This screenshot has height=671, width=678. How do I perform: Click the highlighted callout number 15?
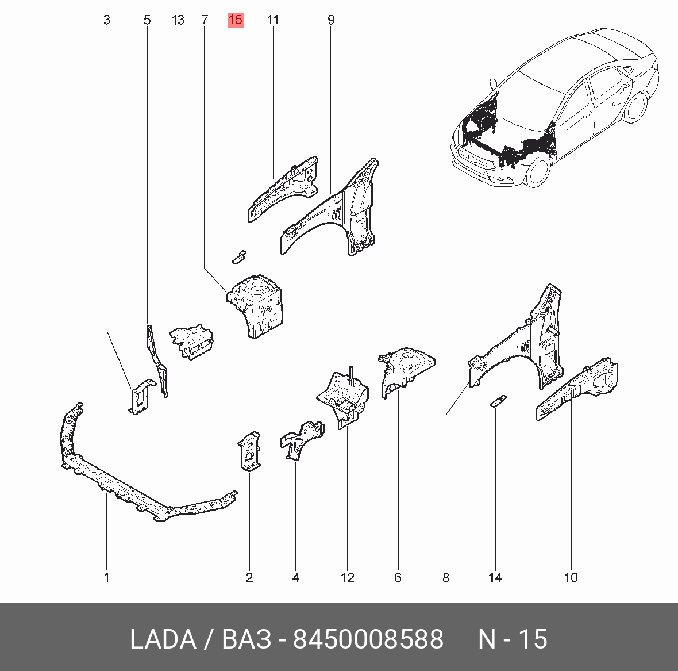tap(236, 20)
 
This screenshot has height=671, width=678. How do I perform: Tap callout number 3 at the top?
tap(107, 20)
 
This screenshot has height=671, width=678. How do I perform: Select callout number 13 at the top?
tap(178, 20)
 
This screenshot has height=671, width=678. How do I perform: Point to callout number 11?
tap(273, 20)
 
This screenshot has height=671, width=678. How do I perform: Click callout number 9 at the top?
tap(331, 20)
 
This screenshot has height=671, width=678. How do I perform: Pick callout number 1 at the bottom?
tap(107, 577)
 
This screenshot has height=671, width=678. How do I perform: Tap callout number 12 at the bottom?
tap(348, 577)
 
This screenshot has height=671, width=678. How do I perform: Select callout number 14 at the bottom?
tap(495, 577)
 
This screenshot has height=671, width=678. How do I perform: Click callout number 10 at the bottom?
tap(571, 577)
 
